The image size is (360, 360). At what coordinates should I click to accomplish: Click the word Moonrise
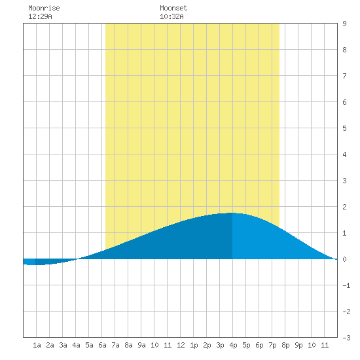click(x=44, y=8)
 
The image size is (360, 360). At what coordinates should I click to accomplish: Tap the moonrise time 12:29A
click(x=40, y=16)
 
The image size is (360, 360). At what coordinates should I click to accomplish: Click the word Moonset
click(x=173, y=8)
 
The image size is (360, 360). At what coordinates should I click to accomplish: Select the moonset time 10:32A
click(x=171, y=16)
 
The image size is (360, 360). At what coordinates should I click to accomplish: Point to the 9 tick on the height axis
click(x=344, y=24)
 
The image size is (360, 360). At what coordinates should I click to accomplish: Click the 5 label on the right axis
click(x=344, y=128)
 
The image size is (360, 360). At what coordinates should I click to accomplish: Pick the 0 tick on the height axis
click(x=344, y=259)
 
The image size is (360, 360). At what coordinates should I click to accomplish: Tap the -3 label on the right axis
click(x=346, y=338)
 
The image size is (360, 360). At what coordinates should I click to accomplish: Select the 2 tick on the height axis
click(x=344, y=207)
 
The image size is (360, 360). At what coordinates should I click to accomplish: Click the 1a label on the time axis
click(x=37, y=345)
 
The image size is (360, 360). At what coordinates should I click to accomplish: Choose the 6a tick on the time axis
click(x=102, y=345)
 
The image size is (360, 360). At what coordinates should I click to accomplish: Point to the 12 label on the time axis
click(x=181, y=345)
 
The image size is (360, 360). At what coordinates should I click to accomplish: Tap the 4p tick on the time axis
click(x=233, y=345)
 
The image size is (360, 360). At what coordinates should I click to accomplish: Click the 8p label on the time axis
click(x=285, y=345)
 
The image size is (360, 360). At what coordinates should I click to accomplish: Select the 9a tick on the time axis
click(x=141, y=345)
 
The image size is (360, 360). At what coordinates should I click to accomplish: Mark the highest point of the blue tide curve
click(x=231, y=213)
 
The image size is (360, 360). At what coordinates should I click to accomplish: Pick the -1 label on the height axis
click(x=346, y=285)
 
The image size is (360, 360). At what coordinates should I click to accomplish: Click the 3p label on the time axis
click(x=220, y=345)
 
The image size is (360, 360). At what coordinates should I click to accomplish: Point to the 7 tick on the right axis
click(x=344, y=76)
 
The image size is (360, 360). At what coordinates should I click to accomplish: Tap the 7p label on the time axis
click(x=272, y=345)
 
